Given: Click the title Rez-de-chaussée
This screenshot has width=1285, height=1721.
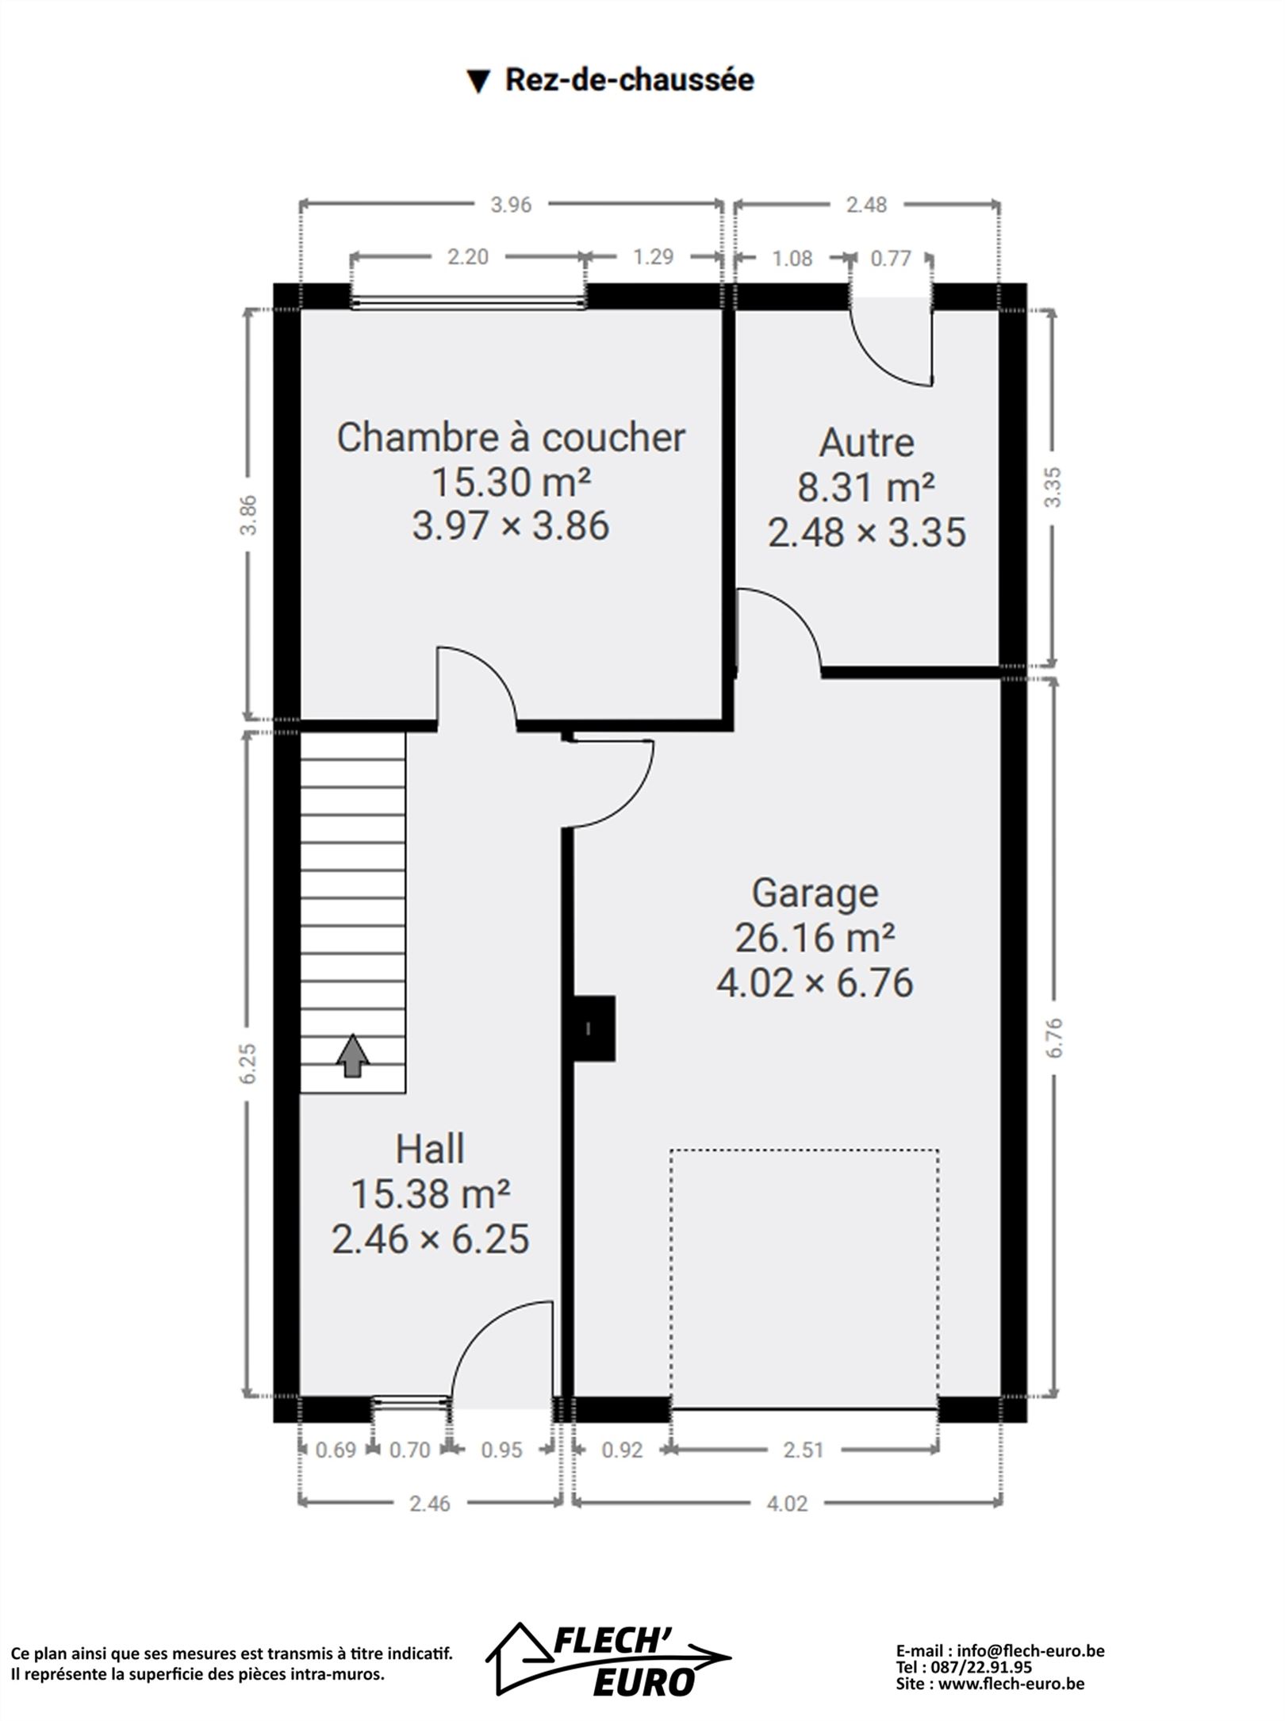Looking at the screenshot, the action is (x=630, y=80).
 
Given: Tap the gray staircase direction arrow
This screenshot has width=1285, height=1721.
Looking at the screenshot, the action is (x=353, y=1056).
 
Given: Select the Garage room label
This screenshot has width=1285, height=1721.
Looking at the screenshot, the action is (x=815, y=893).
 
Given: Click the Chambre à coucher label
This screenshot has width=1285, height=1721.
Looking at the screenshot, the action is (x=511, y=437).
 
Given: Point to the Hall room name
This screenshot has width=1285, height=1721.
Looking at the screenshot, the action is (x=430, y=1149).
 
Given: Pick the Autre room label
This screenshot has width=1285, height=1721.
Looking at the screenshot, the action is (x=866, y=443).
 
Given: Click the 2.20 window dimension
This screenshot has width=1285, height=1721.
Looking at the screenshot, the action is (x=468, y=257).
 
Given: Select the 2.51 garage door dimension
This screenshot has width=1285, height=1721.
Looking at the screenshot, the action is (x=804, y=1450).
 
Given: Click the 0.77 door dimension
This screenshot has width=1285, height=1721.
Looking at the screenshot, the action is (x=891, y=259).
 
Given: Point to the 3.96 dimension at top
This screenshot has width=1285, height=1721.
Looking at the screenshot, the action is (x=511, y=205).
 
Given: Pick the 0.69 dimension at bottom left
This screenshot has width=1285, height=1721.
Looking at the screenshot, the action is (x=336, y=1450).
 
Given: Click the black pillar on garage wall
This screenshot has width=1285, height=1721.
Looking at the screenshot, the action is (x=594, y=1028).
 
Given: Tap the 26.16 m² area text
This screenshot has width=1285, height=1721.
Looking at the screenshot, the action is (x=815, y=938).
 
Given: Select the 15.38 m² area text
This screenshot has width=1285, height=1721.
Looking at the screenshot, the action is (x=430, y=1194).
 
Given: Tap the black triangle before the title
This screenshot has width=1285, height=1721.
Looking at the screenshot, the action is (x=478, y=81).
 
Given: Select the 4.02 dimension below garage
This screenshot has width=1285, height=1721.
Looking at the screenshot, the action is (x=787, y=1504).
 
